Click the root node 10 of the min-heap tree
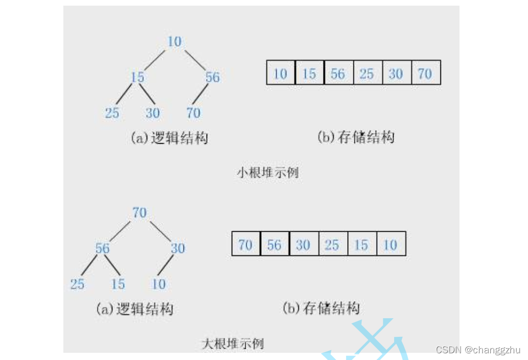click(x=175, y=42)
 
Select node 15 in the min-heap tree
click(x=138, y=77)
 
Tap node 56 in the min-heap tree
click(x=212, y=77)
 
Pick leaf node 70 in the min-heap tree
click(x=193, y=113)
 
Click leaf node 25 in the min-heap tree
click(x=112, y=113)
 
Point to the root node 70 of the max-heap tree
click(x=140, y=212)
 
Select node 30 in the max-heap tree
click(x=178, y=248)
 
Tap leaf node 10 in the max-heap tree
click(x=159, y=284)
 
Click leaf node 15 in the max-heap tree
click(x=118, y=284)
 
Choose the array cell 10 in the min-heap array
click(x=280, y=74)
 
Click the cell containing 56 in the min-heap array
click(x=338, y=74)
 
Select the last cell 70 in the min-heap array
click(x=425, y=74)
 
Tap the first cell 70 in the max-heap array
click(x=246, y=245)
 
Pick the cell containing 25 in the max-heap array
click(x=332, y=245)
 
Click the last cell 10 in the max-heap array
click(x=390, y=245)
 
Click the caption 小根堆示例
click(x=267, y=173)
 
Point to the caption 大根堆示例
click(x=232, y=343)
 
